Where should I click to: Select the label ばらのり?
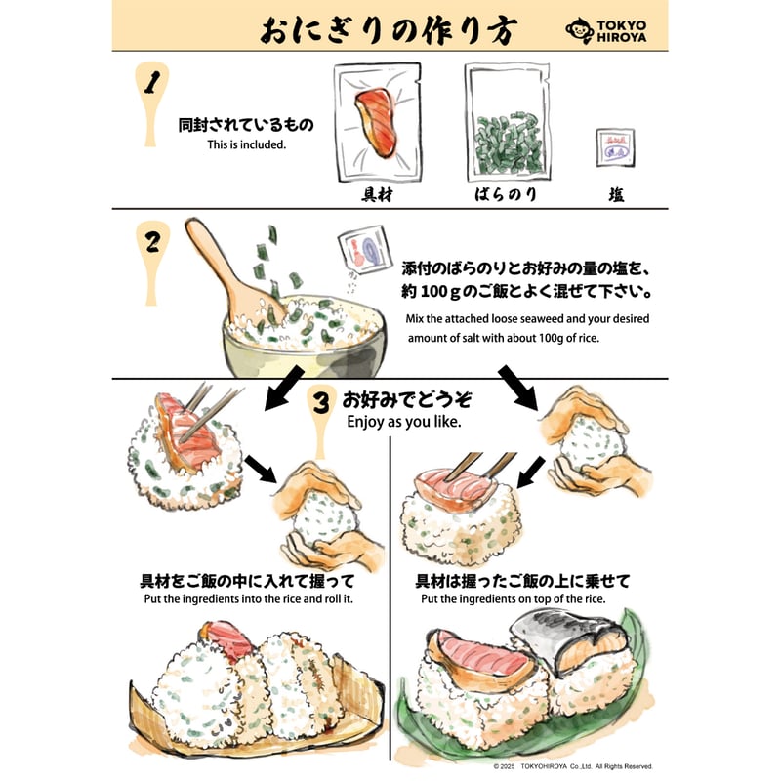coord(505,194)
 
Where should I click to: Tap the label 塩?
coord(616,195)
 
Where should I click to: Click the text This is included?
coord(246,145)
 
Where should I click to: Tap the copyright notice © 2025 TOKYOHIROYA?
coord(573,765)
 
